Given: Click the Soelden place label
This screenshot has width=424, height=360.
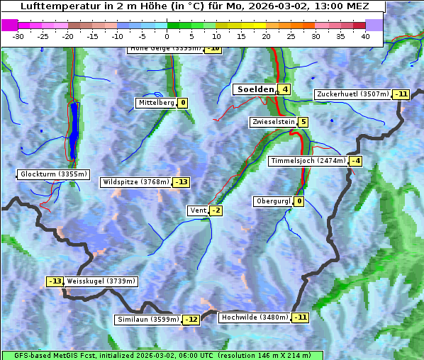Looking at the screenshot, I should [x=254, y=89].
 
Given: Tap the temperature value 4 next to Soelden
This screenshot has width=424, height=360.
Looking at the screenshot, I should [x=284, y=89].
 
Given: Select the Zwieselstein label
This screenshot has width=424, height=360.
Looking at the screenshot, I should [x=273, y=122].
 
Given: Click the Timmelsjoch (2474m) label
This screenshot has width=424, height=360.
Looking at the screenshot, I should [x=308, y=161].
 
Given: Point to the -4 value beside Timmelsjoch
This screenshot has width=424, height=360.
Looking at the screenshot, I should [x=355, y=161].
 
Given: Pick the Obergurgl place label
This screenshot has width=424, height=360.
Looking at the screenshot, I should [x=272, y=201].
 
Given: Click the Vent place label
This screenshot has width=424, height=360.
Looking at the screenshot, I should [x=197, y=210].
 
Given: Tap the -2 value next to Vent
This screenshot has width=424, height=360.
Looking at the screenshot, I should [x=216, y=210].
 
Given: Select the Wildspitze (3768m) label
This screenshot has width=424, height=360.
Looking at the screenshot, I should [x=136, y=182].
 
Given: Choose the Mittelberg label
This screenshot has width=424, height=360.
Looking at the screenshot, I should [x=156, y=103].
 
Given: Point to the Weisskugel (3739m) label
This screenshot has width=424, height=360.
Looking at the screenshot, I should [x=101, y=281].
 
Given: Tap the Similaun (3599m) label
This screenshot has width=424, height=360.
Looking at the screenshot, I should [x=147, y=320].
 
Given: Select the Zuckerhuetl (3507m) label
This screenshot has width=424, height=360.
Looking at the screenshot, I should [x=353, y=94].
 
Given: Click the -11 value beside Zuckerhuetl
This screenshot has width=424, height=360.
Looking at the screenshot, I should [x=402, y=94].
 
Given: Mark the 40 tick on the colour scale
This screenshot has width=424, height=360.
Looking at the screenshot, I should [x=365, y=35].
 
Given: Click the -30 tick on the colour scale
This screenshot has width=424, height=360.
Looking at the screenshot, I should [x=18, y=35].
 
